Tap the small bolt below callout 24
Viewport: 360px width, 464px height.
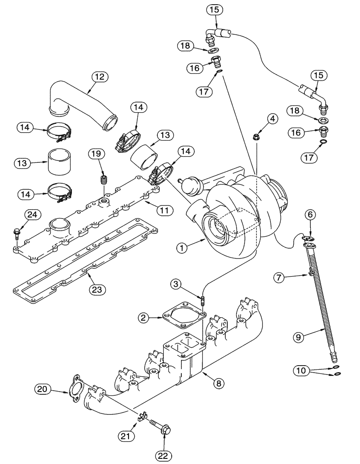click(17, 232)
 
